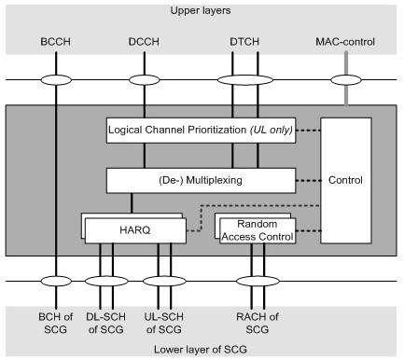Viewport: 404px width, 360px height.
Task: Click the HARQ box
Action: pos(139,228)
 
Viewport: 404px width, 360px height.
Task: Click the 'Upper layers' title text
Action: pos(202,10)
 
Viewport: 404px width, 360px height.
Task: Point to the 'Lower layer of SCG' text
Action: pos(202,348)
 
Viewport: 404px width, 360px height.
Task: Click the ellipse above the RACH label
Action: pos(255,280)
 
